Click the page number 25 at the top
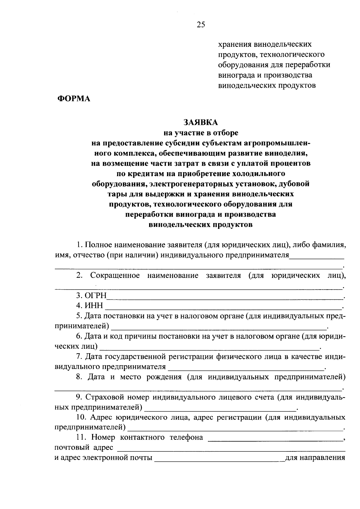pyautogui.click(x=201, y=25)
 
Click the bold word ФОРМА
pyautogui.click(x=74, y=98)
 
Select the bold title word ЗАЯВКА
pyautogui.click(x=201, y=122)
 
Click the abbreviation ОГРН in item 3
pyautogui.click(x=96, y=296)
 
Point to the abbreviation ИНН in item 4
pyautogui.click(x=94, y=306)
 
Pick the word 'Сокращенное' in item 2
pyautogui.click(x=115, y=276)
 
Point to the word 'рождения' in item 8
pyautogui.click(x=164, y=377)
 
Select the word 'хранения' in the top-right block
pyautogui.click(x=234, y=44)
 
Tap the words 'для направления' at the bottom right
pyautogui.click(x=315, y=458)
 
